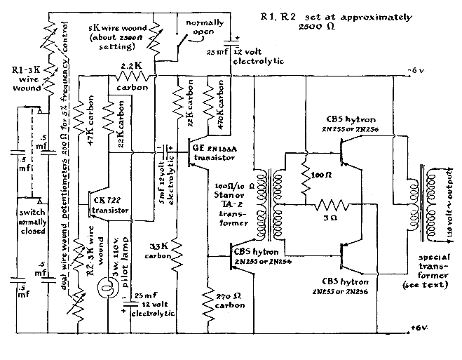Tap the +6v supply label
pyautogui.click(x=420, y=328)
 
